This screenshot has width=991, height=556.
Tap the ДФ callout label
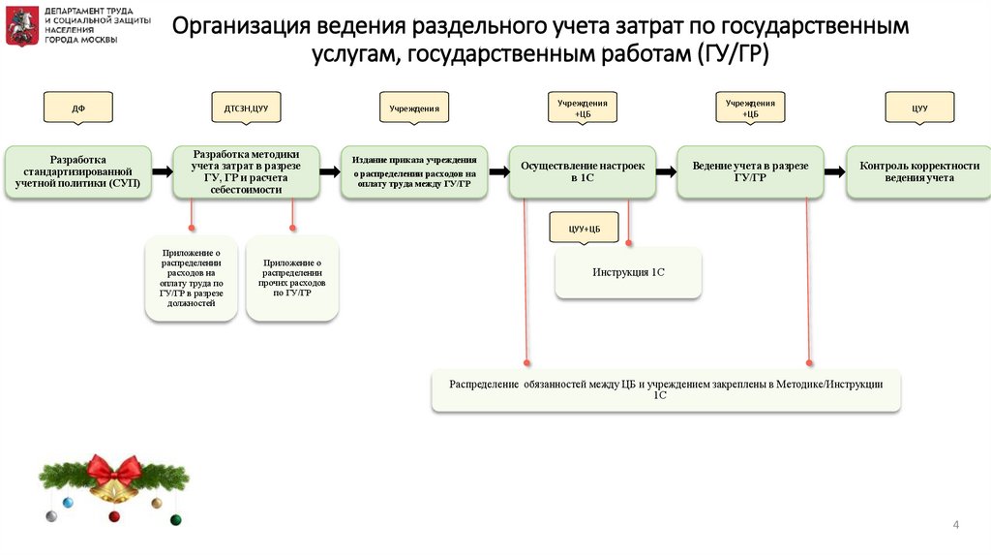[x=78, y=108]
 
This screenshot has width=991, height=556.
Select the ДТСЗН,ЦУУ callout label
[x=246, y=108]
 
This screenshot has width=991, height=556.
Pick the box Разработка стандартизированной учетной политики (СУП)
[x=78, y=171]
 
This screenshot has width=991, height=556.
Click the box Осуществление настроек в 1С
[x=582, y=171]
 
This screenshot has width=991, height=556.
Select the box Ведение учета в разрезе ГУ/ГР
[x=750, y=171]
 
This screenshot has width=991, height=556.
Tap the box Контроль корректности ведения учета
[x=918, y=171]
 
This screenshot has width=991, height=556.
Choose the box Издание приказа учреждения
[x=414, y=171]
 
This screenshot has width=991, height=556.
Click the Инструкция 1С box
[x=628, y=273]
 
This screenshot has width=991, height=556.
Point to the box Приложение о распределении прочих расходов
[x=292, y=277]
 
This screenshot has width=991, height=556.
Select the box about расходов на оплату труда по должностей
[x=191, y=277]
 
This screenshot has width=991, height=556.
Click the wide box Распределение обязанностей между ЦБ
[x=666, y=389]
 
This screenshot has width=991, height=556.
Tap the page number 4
[x=956, y=525]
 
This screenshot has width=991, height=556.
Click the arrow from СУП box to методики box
[x=162, y=171]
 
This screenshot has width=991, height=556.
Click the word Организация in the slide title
[x=251, y=26]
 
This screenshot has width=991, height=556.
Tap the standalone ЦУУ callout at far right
[x=919, y=108]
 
